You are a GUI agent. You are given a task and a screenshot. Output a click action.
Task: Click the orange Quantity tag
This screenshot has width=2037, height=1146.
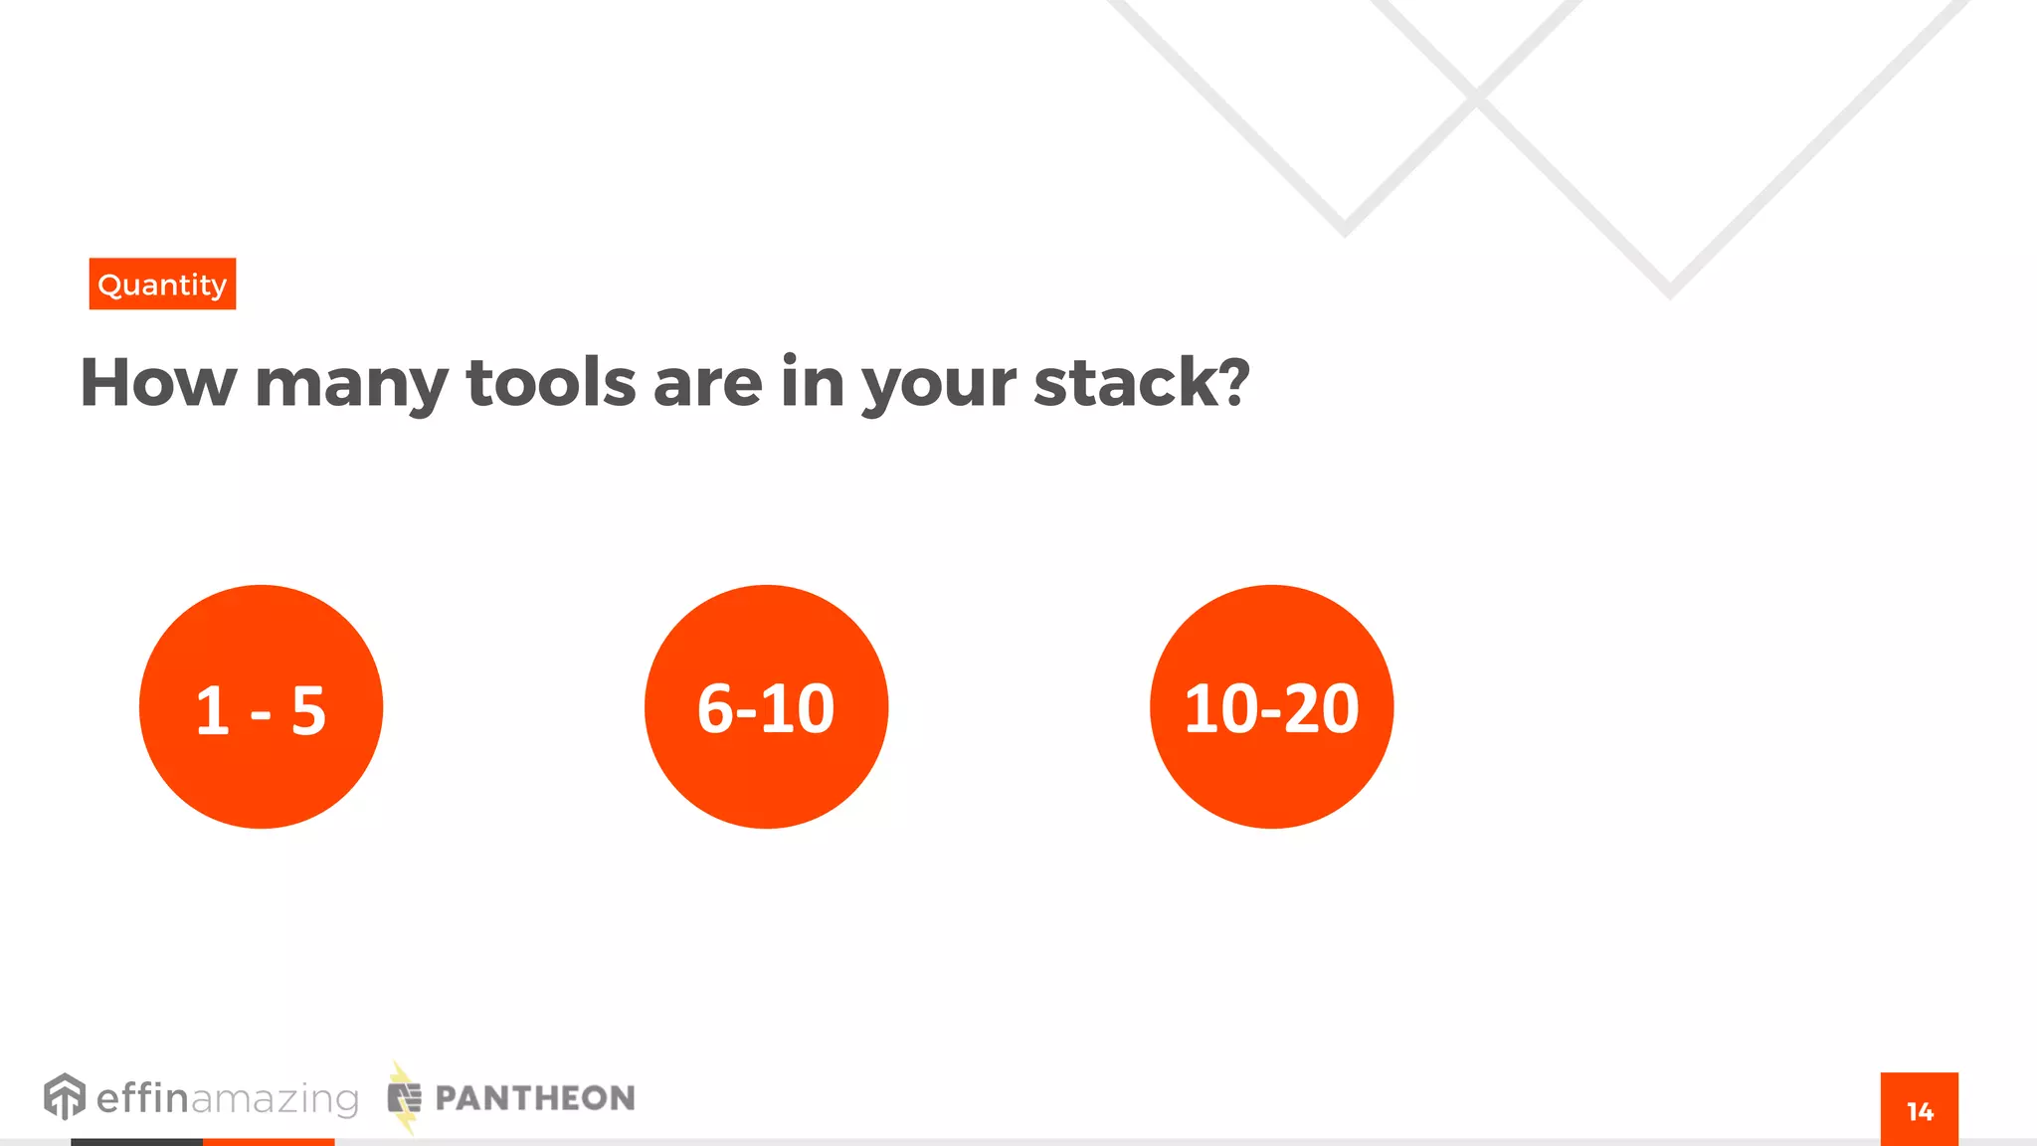click(162, 285)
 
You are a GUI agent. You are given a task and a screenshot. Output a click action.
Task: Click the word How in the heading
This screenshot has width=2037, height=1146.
click(158, 383)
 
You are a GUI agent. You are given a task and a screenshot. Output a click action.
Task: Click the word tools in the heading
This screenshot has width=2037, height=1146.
click(550, 383)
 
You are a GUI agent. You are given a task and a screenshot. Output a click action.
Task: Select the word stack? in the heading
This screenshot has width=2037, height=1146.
click(1141, 383)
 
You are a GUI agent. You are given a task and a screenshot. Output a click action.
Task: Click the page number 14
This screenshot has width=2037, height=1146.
click(1920, 1111)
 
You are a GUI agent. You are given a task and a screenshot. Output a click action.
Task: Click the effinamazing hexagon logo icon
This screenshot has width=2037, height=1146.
click(65, 1096)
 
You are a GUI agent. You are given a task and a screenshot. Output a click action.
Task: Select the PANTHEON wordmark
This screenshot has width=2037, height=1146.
click(535, 1098)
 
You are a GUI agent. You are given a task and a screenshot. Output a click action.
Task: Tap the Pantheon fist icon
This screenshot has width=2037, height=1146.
click(404, 1098)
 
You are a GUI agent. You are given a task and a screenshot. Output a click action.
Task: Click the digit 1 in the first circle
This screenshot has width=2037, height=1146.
click(212, 711)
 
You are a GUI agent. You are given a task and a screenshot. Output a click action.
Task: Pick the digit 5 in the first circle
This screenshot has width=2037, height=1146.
click(308, 711)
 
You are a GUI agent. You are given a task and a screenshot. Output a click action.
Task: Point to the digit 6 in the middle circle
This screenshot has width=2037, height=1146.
click(715, 709)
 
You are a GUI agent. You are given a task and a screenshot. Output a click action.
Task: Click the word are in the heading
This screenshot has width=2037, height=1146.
click(707, 383)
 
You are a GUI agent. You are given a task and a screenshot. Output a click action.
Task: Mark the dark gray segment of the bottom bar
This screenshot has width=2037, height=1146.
click(136, 1142)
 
